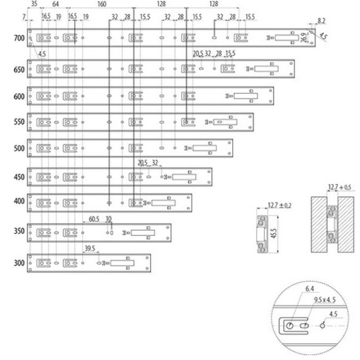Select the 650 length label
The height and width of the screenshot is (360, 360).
(19, 70)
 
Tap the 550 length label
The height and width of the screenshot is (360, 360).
(19, 122)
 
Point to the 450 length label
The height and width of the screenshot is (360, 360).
(19, 177)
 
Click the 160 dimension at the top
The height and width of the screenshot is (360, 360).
(102, 4)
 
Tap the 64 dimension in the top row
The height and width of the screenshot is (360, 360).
(55, 4)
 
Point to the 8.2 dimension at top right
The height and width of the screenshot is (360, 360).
(321, 20)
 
